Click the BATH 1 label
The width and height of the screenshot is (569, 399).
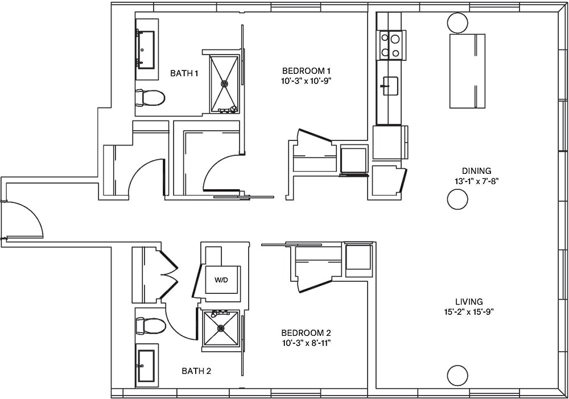click(184, 73)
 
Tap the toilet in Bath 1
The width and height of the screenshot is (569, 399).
click(150, 98)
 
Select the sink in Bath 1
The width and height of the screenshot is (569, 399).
click(147, 49)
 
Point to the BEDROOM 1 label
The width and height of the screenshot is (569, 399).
click(306, 70)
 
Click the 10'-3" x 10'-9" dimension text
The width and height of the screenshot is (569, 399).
click(306, 81)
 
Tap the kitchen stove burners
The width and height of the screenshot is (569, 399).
click(390, 46)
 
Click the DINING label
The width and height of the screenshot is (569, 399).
click(476, 171)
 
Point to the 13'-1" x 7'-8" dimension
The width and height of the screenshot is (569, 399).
click(476, 181)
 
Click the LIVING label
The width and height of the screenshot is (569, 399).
click(469, 301)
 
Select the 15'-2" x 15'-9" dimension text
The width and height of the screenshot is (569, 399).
click(469, 311)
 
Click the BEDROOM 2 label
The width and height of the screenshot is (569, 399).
click(306, 332)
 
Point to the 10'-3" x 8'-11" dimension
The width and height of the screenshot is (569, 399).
click(306, 343)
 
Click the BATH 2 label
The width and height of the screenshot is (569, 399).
click(196, 371)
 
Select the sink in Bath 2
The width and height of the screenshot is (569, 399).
click(146, 365)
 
